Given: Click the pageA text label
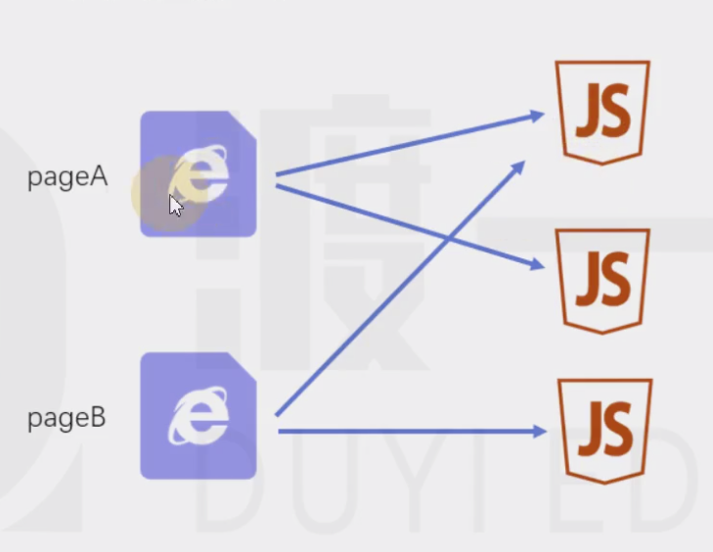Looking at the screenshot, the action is coord(67,177).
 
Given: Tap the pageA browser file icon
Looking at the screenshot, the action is coord(199,174).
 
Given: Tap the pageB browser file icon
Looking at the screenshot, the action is coord(199,416).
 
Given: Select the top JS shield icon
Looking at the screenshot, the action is coord(602,112).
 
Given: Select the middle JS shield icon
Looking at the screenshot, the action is coord(602,281).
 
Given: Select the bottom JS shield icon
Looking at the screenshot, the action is coord(604,431).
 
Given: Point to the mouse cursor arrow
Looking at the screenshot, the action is coord(175,207).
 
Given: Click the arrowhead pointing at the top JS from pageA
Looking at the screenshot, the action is coord(538,115).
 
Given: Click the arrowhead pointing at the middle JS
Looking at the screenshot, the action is coord(538,264).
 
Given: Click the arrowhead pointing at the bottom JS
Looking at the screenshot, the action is coord(540,431).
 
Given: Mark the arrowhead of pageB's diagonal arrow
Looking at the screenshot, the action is coord(518,167).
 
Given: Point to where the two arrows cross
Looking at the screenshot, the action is coord(449,238).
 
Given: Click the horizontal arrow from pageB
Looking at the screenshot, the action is coord(413,431).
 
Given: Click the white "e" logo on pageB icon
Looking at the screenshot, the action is coord(199,416).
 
